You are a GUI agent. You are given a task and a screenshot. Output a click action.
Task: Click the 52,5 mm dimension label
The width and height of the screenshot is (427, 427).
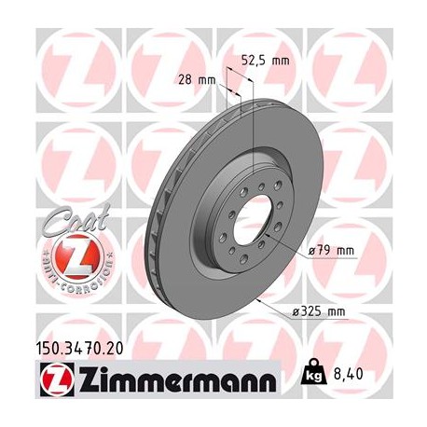pyautogui.click(x=265, y=61)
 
